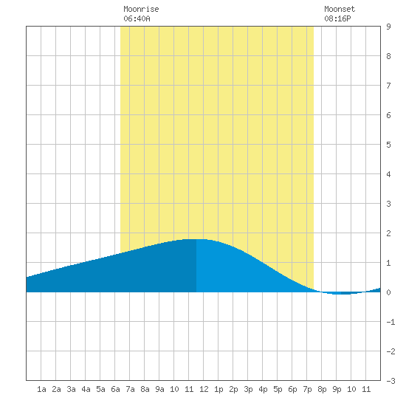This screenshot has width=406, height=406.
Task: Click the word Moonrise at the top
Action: point(141,9)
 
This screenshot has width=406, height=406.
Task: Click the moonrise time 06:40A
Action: point(137,18)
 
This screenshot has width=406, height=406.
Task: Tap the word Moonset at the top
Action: point(340,9)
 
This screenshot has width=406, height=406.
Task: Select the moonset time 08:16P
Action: point(337,18)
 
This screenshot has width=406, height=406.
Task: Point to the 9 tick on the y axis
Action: point(388,27)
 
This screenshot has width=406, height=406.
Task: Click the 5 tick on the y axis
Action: point(388,145)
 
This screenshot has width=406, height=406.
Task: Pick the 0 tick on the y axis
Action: point(388,292)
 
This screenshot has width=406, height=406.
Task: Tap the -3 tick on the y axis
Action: point(390,381)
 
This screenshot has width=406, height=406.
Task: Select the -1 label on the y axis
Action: point(390,322)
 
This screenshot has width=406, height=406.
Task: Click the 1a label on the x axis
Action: point(41,389)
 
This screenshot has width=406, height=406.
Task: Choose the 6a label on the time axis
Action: point(115,389)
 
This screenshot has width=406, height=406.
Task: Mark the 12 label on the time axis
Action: point(204,389)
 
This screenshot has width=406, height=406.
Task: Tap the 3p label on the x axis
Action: point(248,389)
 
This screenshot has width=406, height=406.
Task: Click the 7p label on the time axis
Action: point(307,389)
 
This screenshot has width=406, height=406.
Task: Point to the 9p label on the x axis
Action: point(337,389)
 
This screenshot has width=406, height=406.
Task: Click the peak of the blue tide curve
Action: point(196,239)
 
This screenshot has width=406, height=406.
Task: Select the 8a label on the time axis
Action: point(145,389)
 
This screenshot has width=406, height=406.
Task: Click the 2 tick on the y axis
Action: point(388,233)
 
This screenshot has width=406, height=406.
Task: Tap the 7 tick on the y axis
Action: point(388,86)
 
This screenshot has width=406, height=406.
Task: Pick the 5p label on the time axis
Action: point(278,389)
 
